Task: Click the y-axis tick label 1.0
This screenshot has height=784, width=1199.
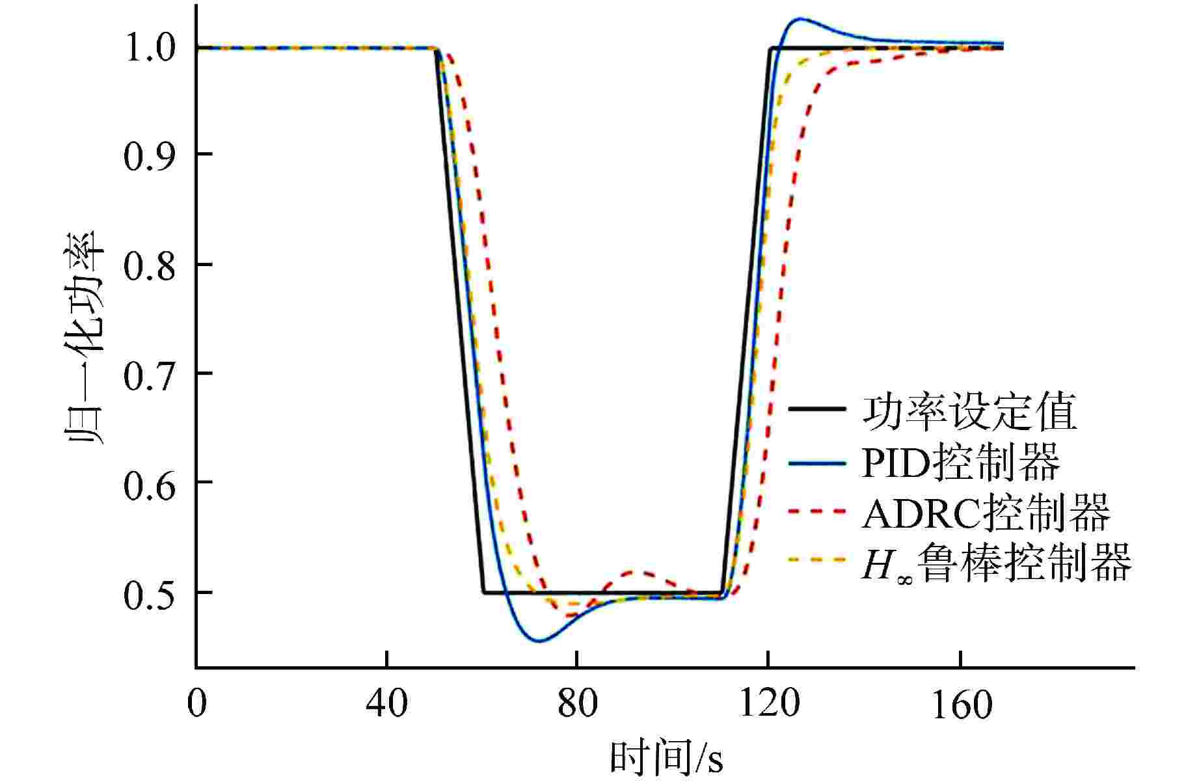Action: point(150,48)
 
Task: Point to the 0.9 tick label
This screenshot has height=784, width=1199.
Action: point(150,155)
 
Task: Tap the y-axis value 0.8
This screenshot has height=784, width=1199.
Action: point(150,265)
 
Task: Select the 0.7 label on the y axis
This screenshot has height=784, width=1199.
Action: point(150,374)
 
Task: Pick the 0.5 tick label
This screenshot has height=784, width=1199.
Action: point(150,593)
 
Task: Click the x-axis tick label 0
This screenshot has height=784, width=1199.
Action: point(196,704)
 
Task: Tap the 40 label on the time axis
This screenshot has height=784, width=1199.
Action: point(387,704)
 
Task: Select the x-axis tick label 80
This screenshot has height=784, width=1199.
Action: point(578,704)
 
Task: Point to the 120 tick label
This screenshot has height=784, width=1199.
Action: point(768,704)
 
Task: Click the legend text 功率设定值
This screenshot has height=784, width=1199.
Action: point(969,411)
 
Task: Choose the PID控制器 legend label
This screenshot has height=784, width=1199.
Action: point(960,463)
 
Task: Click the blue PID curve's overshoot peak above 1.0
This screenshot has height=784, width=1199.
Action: point(798,18)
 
